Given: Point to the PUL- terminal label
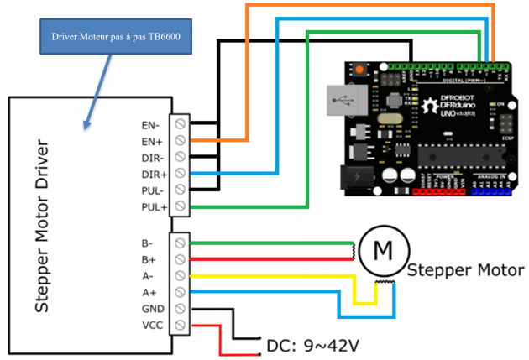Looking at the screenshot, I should (x=152, y=190).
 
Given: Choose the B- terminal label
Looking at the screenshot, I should (x=149, y=244).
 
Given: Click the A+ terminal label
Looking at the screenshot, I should (x=149, y=292).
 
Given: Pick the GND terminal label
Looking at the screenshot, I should (x=151, y=308).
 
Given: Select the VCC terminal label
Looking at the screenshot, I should (x=151, y=324).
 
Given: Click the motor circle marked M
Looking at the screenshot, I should (x=382, y=249).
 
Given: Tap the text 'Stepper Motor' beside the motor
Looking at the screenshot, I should (x=465, y=270).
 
